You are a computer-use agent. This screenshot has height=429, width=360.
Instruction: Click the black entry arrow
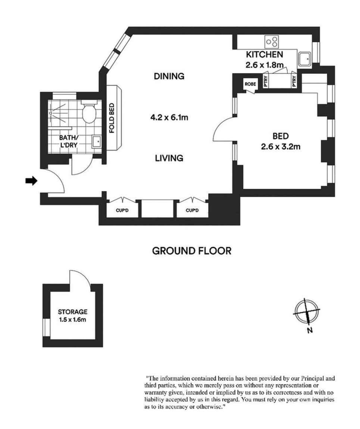point(31,181)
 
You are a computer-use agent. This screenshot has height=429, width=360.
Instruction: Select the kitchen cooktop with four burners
point(272,42)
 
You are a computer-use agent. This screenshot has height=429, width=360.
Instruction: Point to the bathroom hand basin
point(96,142)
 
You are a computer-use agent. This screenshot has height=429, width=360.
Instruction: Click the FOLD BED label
point(111,118)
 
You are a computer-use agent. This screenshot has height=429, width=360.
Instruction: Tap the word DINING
point(169,76)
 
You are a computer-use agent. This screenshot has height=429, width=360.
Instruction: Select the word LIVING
point(169,158)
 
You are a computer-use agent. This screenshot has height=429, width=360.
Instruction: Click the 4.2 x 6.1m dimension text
point(169,118)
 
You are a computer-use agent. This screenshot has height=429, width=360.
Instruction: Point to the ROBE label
point(250,84)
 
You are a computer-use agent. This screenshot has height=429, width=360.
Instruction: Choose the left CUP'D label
point(122,210)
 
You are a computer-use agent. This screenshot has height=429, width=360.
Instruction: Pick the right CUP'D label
point(192,210)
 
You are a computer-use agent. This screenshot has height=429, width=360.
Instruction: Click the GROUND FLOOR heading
point(192,251)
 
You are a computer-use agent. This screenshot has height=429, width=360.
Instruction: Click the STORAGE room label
point(72,311)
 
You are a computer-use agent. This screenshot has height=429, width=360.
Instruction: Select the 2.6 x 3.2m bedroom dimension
point(281,147)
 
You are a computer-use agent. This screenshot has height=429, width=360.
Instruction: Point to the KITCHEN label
point(264,54)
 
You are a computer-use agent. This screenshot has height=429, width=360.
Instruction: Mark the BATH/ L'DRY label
point(69,141)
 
